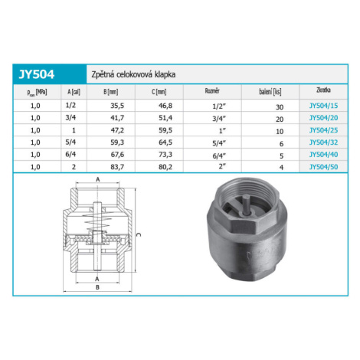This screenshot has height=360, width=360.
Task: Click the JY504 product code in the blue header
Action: pyautogui.click(x=37, y=74)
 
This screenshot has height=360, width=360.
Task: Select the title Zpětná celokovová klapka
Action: pyautogui.click(x=133, y=74)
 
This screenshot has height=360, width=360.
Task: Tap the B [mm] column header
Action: pyautogui.click(x=111, y=92)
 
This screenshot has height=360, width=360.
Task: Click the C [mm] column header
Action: pyautogui.click(x=159, y=92)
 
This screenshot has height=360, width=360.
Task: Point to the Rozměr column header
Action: pyautogui.click(x=212, y=91)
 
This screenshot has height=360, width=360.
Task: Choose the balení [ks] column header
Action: pyautogui.click(x=270, y=92)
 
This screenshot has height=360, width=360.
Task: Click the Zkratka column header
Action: pyautogui.click(x=323, y=90)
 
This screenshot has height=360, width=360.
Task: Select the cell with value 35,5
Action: pyautogui.click(x=117, y=106)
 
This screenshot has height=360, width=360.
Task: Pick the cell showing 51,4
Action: pyautogui.click(x=165, y=118)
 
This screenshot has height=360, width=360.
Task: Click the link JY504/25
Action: pyautogui.click(x=323, y=130)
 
